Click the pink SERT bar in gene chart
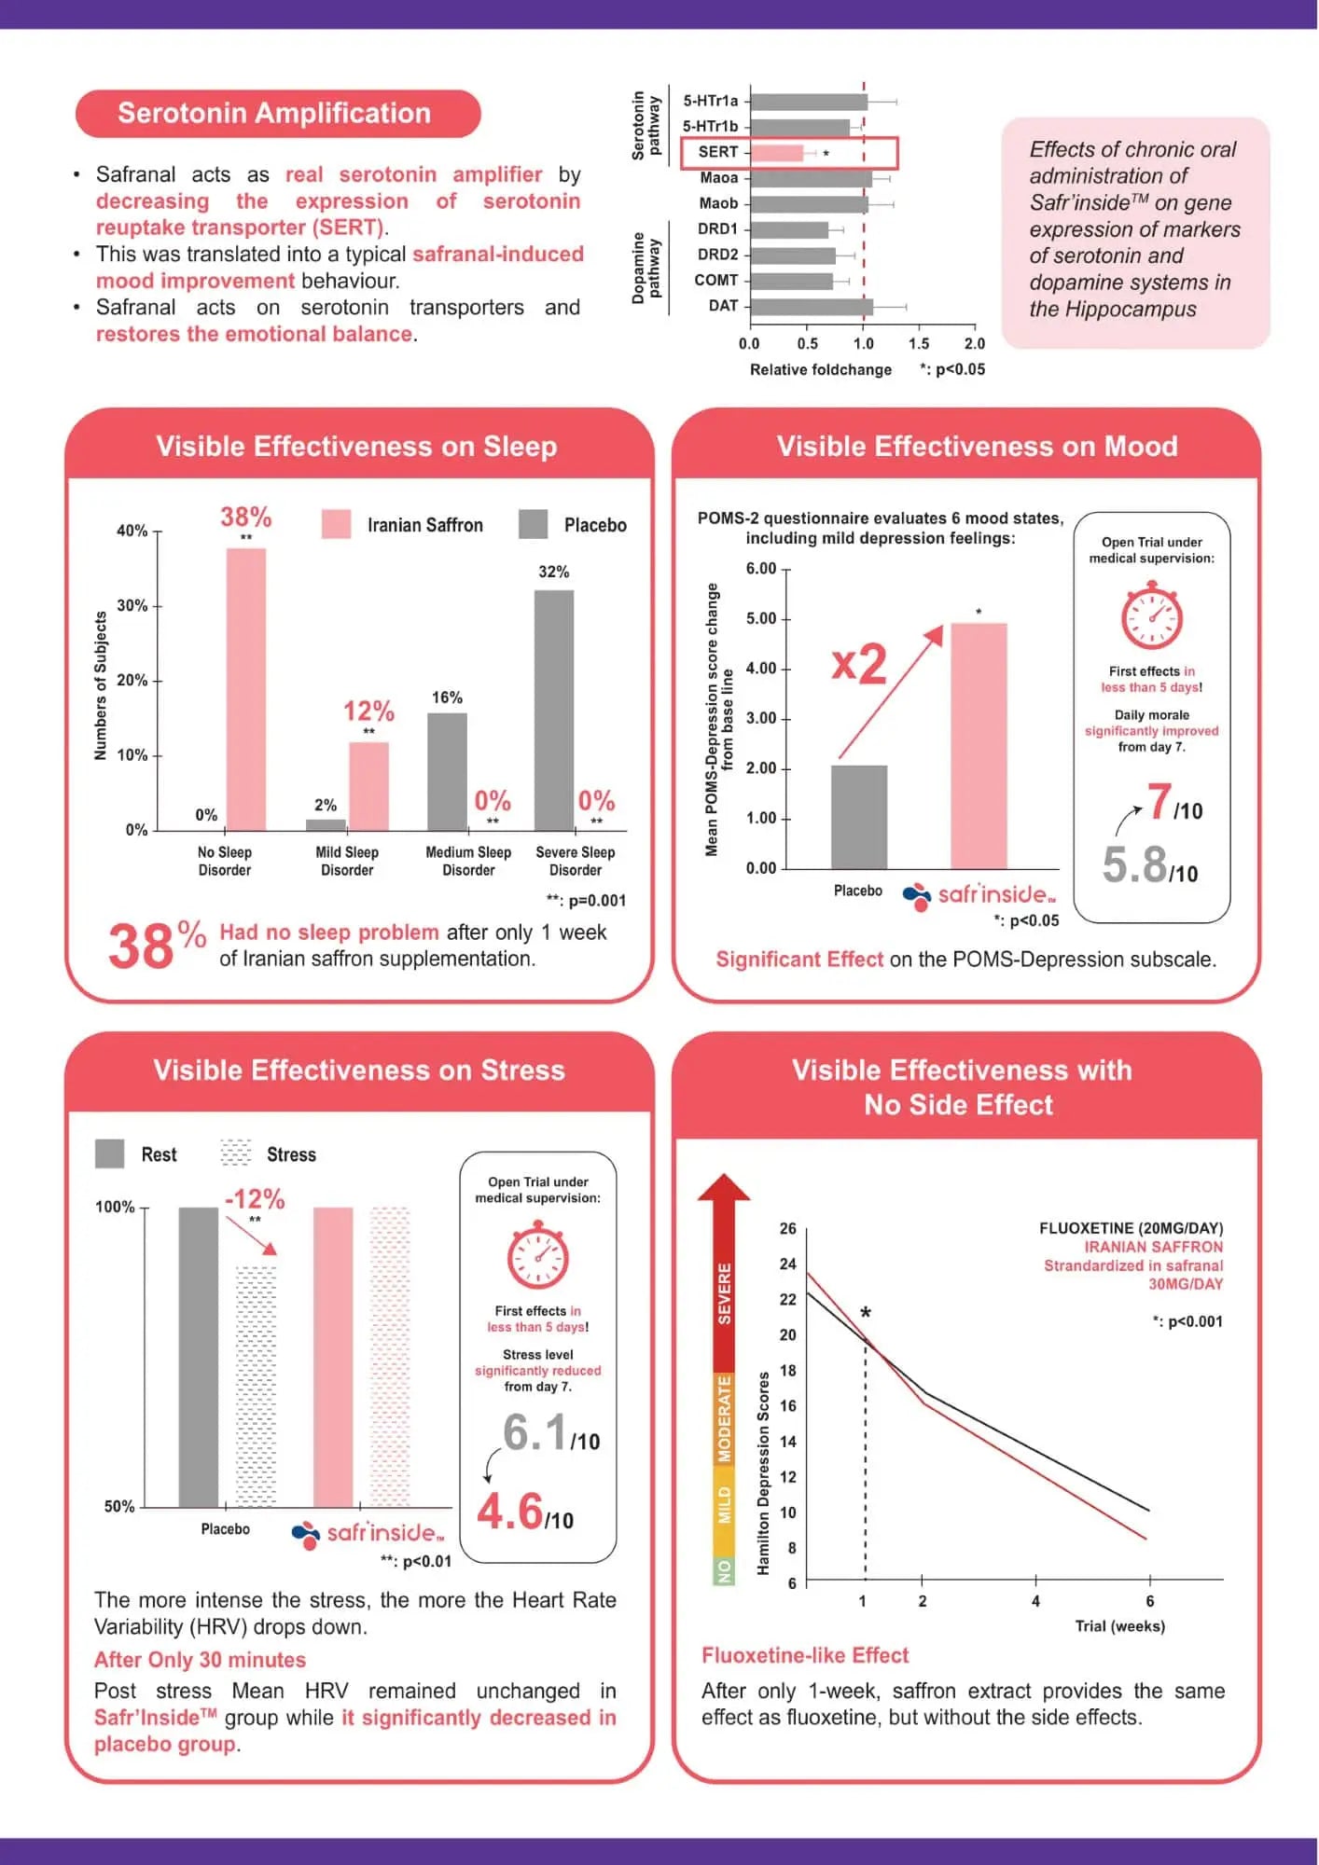tap(777, 152)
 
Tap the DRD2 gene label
tap(717, 255)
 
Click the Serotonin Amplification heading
tap(274, 113)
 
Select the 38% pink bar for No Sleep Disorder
tap(246, 689)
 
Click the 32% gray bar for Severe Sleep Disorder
tap(554, 711)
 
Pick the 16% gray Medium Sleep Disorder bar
tap(447, 772)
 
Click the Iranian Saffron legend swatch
tap(336, 524)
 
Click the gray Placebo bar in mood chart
tap(859, 817)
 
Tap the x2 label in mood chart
tap(859, 664)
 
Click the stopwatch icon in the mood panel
tap(1151, 615)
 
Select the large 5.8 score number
tap(1134, 864)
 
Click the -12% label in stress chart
tap(255, 1198)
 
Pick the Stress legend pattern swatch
tap(236, 1154)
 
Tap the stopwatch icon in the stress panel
tap(538, 1256)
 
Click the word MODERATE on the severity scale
tap(724, 1419)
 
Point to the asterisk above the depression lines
tap(866, 1313)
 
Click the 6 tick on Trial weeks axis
tap(1149, 1601)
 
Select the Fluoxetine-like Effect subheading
tap(805, 1655)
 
